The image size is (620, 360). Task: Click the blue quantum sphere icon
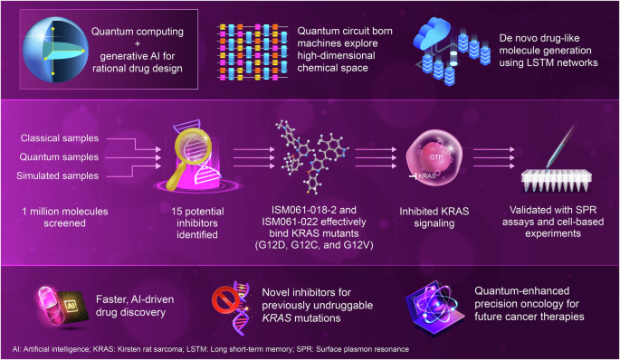tap(55, 50)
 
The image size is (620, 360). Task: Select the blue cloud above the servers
tap(432, 33)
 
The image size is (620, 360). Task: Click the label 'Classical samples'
tap(60, 137)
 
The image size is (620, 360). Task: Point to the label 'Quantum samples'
tap(60, 156)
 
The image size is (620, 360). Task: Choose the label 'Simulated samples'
tap(58, 175)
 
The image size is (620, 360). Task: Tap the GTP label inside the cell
tap(436, 157)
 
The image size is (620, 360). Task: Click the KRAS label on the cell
tap(427, 175)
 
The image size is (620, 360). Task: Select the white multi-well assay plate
tap(557, 180)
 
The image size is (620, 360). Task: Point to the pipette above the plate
tap(560, 147)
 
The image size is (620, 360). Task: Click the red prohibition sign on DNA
tap(225, 300)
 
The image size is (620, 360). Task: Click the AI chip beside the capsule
tap(72, 307)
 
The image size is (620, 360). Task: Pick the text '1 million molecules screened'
tap(65, 217)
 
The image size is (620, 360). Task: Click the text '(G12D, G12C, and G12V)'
tap(314, 245)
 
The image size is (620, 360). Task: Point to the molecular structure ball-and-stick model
tap(313, 156)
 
